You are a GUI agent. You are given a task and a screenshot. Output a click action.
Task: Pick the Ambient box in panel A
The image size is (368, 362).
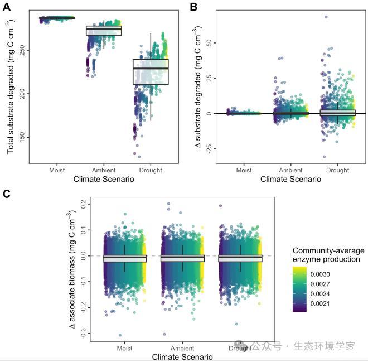coord(104,31)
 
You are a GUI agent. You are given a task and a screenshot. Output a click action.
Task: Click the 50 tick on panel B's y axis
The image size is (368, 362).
coord(210,42)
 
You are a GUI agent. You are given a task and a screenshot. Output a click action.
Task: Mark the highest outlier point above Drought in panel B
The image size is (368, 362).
coord(326,17)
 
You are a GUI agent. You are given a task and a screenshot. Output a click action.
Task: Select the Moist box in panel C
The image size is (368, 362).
coord(124,258)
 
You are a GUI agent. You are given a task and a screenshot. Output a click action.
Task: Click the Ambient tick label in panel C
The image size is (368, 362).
coord(182,347)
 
